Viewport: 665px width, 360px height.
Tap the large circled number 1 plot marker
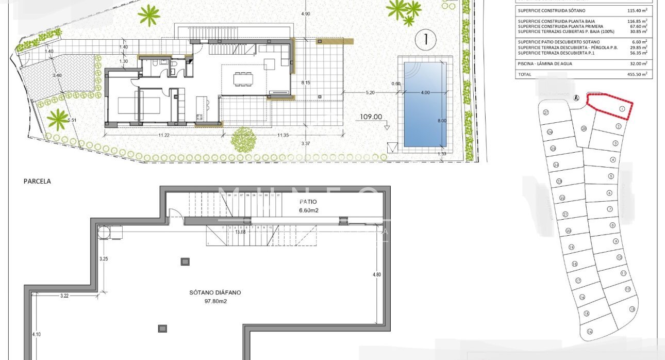pos(426,39)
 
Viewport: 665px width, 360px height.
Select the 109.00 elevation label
pos(371,117)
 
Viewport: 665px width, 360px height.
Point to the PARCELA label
pos(37,181)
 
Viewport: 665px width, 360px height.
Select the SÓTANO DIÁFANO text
pos(215,292)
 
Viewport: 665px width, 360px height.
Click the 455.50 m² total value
pos(637,74)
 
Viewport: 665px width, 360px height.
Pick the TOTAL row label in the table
pos(525,74)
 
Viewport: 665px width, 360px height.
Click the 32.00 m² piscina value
pos(638,63)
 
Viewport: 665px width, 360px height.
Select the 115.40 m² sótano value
pos(637,10)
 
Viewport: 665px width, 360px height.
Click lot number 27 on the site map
pos(545,112)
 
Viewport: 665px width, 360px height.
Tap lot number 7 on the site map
pos(610,209)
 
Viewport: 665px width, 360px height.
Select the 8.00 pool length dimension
pos(442,121)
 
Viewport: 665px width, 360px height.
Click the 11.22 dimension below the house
pos(163,135)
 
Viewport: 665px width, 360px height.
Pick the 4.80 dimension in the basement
pos(376,274)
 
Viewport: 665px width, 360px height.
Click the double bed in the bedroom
pos(129,106)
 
